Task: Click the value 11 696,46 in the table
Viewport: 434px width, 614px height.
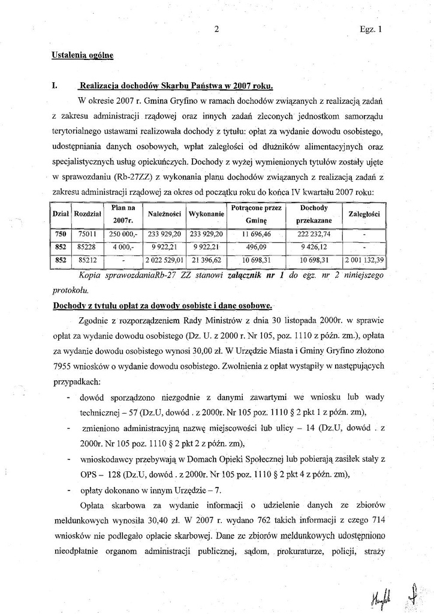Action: tap(257, 234)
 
